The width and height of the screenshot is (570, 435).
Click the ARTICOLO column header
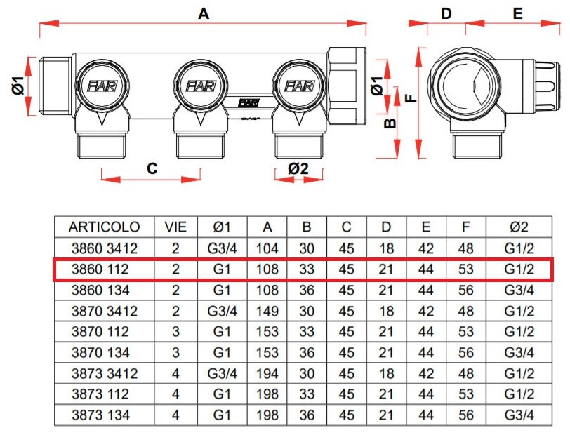tap(105, 227)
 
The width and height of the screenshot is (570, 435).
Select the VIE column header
tap(175, 227)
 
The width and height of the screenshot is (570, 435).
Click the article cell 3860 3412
tap(105, 248)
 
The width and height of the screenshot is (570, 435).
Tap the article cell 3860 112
tap(105, 269)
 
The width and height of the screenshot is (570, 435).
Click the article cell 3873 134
tap(105, 415)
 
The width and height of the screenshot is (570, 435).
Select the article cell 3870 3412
tap(105, 311)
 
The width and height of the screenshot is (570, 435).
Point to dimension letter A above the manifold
tap(204, 12)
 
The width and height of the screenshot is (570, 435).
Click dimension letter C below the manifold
tap(151, 168)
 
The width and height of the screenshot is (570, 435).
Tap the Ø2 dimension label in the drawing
tap(298, 168)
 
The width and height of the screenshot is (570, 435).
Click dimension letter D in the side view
tap(446, 13)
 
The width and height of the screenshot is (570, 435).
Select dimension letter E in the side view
tap(517, 13)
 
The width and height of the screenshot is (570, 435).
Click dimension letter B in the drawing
tap(391, 123)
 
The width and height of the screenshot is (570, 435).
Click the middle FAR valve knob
tap(199, 86)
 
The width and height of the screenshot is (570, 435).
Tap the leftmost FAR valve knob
tap(100, 86)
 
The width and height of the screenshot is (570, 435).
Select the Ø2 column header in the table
tap(519, 227)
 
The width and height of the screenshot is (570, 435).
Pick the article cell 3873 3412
tap(105, 373)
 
